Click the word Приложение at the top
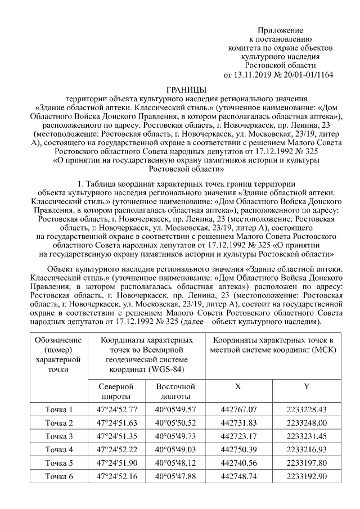coord(280,29)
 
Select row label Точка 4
coord(59,449)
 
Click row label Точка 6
coord(59,476)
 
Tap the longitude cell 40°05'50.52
coord(175,423)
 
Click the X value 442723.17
coord(238,436)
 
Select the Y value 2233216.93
coord(306,449)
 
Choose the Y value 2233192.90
coord(306,476)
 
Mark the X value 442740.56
coord(238,463)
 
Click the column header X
coord(238,387)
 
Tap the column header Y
coord(306,387)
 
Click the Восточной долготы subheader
coord(175,391)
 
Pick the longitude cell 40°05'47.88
coord(175,476)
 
